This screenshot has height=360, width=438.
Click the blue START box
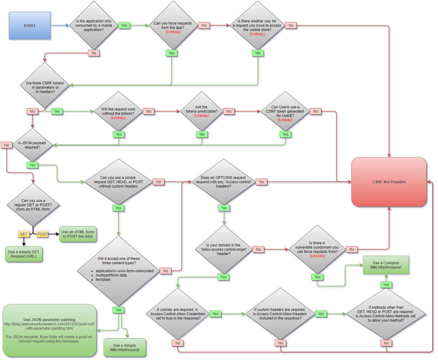click(30, 26)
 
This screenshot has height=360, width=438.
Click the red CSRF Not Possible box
click(389, 182)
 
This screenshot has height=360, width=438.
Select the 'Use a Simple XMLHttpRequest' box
click(125, 348)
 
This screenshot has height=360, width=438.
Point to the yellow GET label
click(23, 233)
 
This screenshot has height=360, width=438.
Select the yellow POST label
click(42, 233)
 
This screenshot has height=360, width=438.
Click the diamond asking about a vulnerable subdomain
click(317, 249)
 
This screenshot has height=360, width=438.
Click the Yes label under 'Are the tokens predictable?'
click(202, 134)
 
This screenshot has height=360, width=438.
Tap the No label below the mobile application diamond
click(94, 53)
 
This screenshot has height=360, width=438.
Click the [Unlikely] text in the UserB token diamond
click(285, 120)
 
